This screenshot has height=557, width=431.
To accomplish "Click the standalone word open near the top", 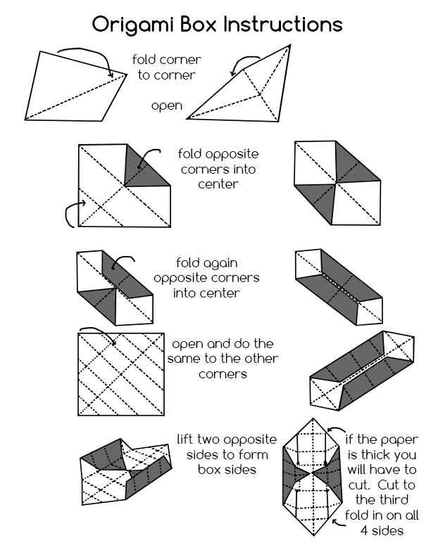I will pos(166,106).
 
